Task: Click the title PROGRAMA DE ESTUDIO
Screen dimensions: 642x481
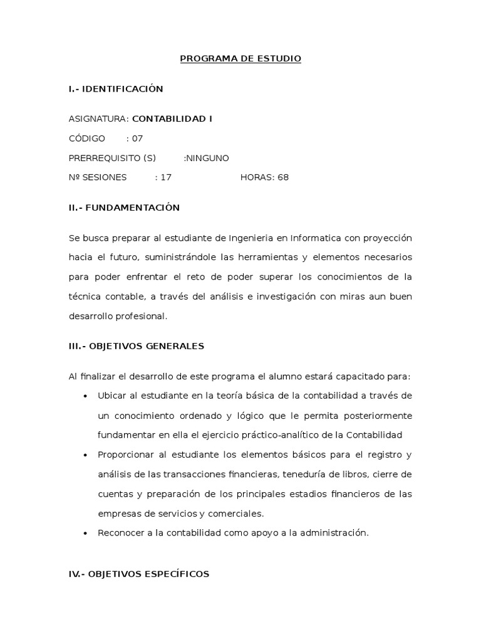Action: click(x=240, y=59)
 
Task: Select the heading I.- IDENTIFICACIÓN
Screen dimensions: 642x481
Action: click(x=116, y=89)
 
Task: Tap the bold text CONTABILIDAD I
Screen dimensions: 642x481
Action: click(x=172, y=118)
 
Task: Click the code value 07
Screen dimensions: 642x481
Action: click(x=137, y=139)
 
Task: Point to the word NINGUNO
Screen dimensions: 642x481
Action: click(x=208, y=158)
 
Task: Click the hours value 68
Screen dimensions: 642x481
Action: click(x=283, y=177)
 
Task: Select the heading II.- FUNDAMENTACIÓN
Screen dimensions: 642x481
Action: click(x=124, y=208)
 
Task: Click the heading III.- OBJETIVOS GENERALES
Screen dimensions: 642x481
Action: click(x=137, y=346)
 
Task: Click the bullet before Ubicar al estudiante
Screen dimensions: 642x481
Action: click(x=85, y=396)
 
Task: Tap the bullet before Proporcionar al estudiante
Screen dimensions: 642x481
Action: click(x=85, y=455)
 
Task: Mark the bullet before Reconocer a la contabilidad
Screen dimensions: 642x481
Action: click(x=85, y=534)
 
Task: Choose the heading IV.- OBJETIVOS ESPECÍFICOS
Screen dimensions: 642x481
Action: click(x=139, y=574)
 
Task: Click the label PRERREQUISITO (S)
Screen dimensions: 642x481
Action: click(x=112, y=158)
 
